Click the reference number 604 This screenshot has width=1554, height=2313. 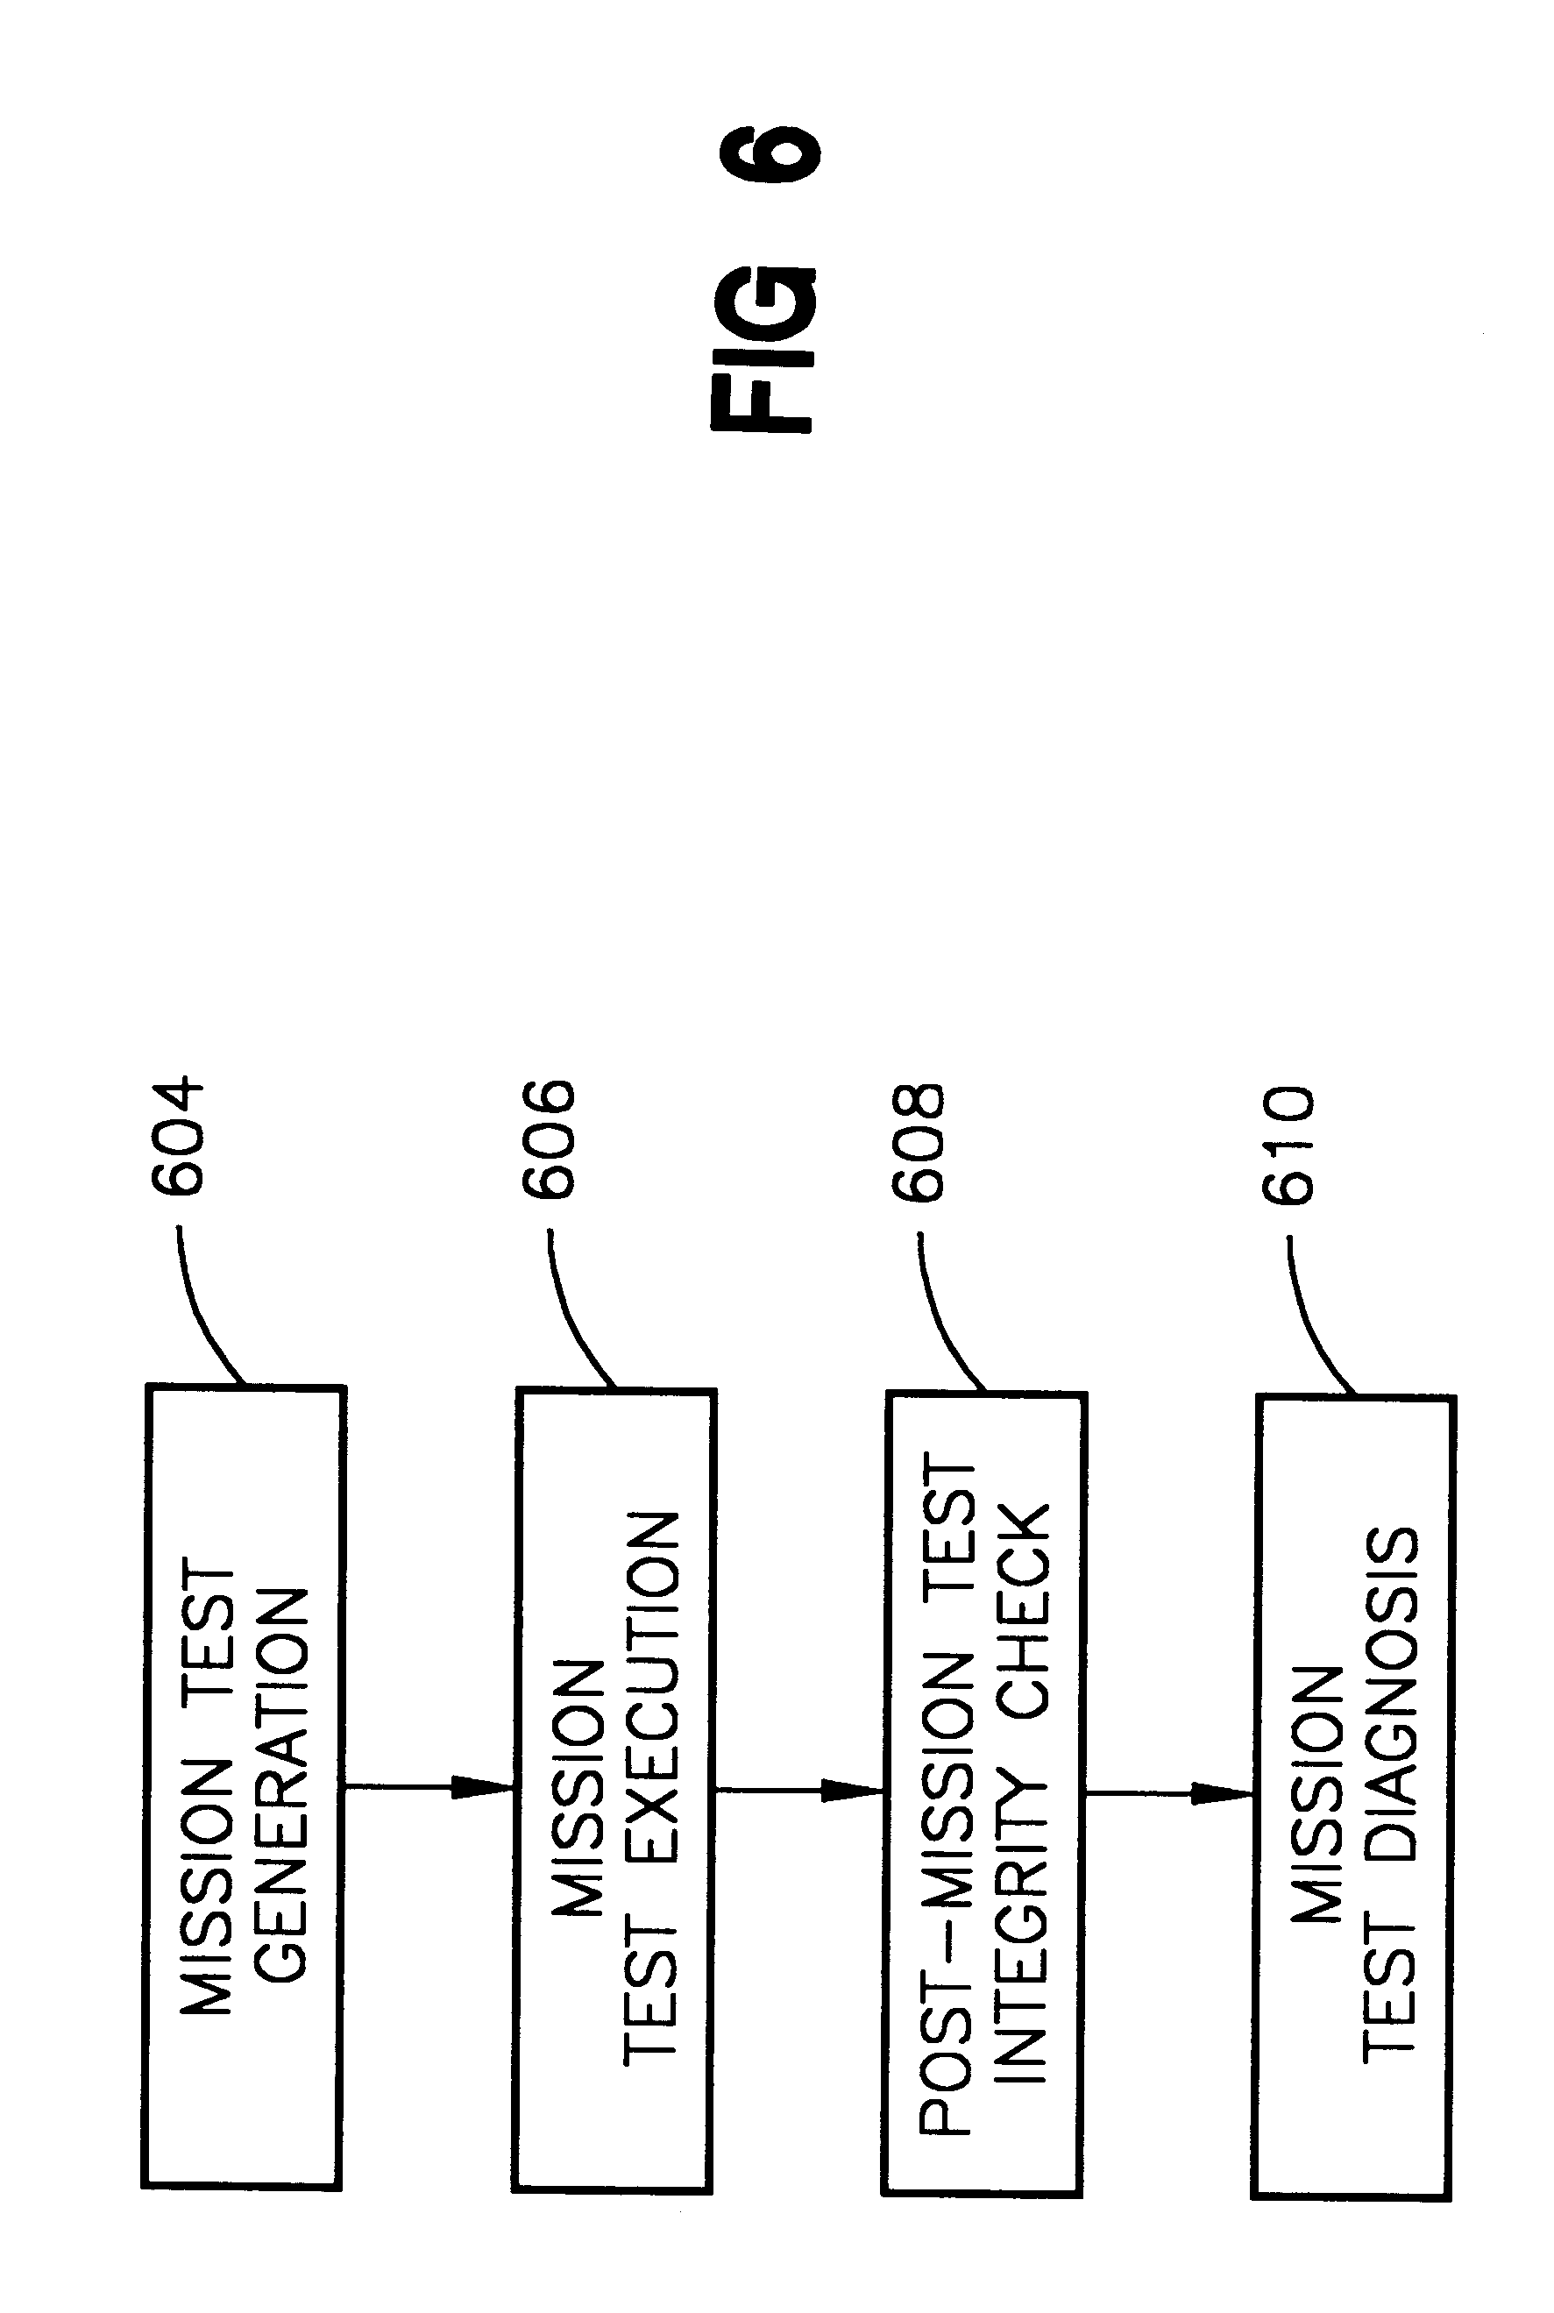176,1137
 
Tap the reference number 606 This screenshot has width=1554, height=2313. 548,1139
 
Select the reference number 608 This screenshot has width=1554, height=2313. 918,1142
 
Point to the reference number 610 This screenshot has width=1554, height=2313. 1288,1145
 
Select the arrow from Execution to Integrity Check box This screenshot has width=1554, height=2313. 798,1791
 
